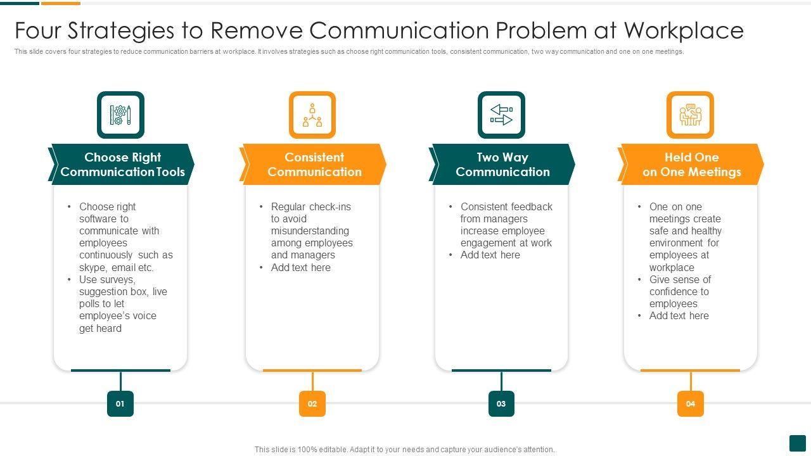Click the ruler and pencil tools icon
click(x=120, y=115)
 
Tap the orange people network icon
click(x=312, y=115)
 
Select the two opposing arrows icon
click(x=501, y=115)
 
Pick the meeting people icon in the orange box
click(x=690, y=115)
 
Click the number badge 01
click(x=120, y=403)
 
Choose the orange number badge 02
click(x=312, y=403)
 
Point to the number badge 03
click(x=501, y=403)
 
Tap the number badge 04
click(x=690, y=403)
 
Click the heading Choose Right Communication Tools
click(x=122, y=165)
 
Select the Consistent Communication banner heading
click(x=314, y=165)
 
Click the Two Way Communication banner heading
click(x=502, y=165)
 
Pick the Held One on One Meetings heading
click(x=691, y=165)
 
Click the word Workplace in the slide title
click(x=684, y=30)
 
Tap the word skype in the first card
click(x=93, y=268)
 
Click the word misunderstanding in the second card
click(x=310, y=231)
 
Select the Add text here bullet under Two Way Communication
click(x=490, y=255)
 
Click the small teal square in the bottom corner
click(x=797, y=443)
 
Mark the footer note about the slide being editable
click(x=404, y=450)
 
